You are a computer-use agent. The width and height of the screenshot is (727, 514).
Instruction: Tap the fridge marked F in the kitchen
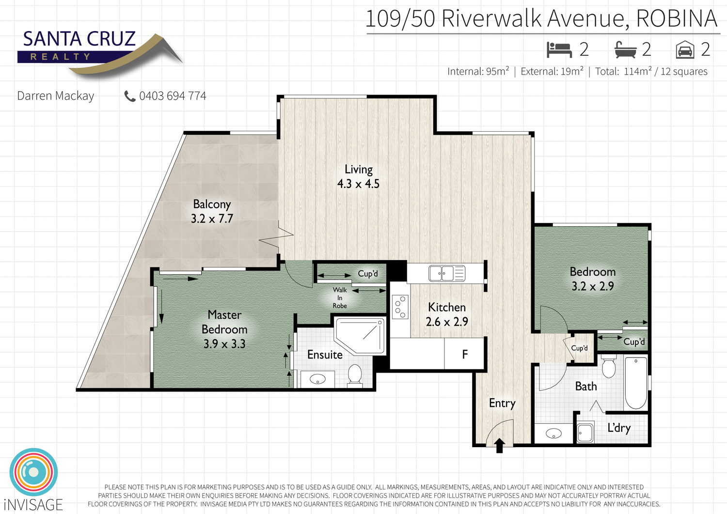pos(464,354)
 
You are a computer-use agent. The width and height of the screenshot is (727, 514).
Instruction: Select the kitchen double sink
pos(446,273)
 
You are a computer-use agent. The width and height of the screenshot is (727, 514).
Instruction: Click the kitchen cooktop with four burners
pos(400,307)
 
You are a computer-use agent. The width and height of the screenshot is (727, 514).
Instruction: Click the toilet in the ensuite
pos(355,374)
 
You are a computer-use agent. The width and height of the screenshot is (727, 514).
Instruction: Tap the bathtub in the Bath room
pos(636,382)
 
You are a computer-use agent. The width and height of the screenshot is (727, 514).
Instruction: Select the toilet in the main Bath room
pos(608,366)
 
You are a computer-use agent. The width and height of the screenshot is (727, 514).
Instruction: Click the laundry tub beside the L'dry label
pos(585,433)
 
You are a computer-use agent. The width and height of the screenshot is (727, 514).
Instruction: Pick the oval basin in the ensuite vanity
pos(317,379)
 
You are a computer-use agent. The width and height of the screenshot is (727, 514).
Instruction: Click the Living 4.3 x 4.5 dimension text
pos(358,184)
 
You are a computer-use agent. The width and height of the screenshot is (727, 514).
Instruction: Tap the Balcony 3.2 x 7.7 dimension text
pos(212,218)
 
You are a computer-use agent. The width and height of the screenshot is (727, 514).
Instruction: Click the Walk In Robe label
pos(340,297)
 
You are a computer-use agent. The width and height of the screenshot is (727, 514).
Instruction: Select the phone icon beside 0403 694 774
pos(129,96)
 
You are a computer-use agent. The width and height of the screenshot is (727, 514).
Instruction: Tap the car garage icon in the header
pos(685,50)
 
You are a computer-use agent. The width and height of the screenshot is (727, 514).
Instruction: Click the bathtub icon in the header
pos(625,49)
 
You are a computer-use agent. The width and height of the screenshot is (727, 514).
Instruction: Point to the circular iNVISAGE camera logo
pos(33,472)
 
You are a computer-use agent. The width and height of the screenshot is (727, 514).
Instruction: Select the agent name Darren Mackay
pos(56,96)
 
